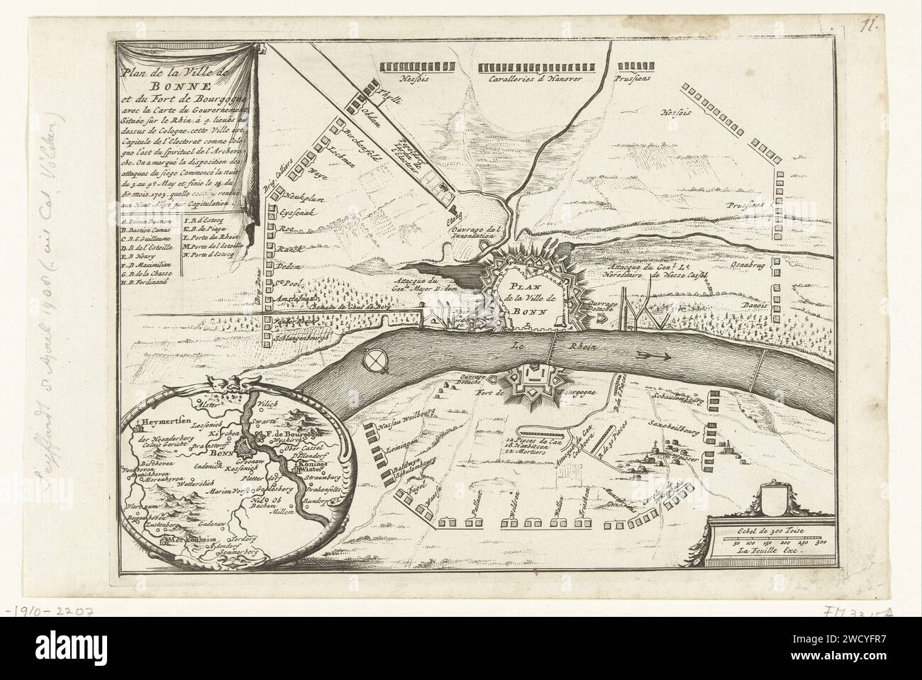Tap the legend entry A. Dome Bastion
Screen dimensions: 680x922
149,223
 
